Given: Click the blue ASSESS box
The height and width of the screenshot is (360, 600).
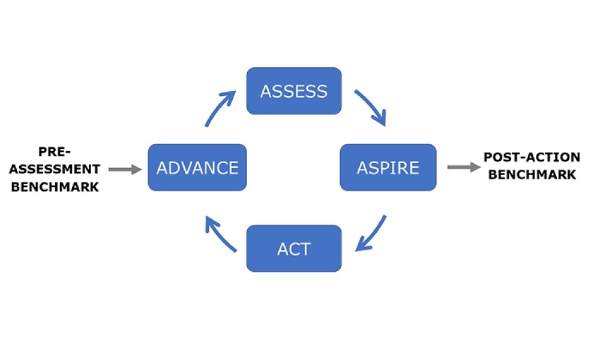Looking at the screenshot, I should coord(294,91).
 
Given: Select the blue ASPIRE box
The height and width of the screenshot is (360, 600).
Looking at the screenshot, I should coord(388,167).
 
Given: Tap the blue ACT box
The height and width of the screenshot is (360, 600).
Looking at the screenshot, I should coord(294,248).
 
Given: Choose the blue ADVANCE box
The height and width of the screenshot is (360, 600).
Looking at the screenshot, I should coord(197,167).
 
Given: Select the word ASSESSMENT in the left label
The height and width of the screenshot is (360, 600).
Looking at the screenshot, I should coord(55,169).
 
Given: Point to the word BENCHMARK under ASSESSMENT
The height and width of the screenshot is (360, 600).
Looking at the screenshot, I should coord(55,186).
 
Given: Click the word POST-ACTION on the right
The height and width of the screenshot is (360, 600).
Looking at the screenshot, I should coord(532,157).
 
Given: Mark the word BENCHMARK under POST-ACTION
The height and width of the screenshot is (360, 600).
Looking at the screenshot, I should coord(532,175).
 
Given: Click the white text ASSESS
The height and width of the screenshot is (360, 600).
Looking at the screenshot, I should coord(294,91).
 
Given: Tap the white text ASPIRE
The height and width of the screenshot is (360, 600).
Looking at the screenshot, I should coord(388,167).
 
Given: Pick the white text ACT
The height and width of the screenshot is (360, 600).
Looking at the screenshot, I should coord(294,248).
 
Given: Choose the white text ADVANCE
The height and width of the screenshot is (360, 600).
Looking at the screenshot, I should coord(197,167).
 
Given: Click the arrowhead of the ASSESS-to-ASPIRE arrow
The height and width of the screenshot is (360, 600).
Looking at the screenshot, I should coord(380,120).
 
